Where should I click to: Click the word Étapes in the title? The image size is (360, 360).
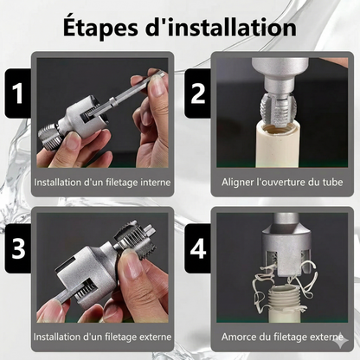[100, 28]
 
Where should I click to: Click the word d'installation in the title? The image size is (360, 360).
[222, 28]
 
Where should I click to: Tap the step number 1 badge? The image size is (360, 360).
[17, 93]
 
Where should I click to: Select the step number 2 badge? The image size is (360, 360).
[197, 93]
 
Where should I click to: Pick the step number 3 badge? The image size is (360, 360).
[18, 248]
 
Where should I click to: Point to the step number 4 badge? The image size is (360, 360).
[198, 248]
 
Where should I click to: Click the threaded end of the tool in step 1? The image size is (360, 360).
[49, 137]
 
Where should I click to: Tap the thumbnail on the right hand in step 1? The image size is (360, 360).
[157, 86]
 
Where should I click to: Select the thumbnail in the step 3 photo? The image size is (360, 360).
[133, 264]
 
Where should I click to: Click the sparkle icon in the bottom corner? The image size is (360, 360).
[341, 341]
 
